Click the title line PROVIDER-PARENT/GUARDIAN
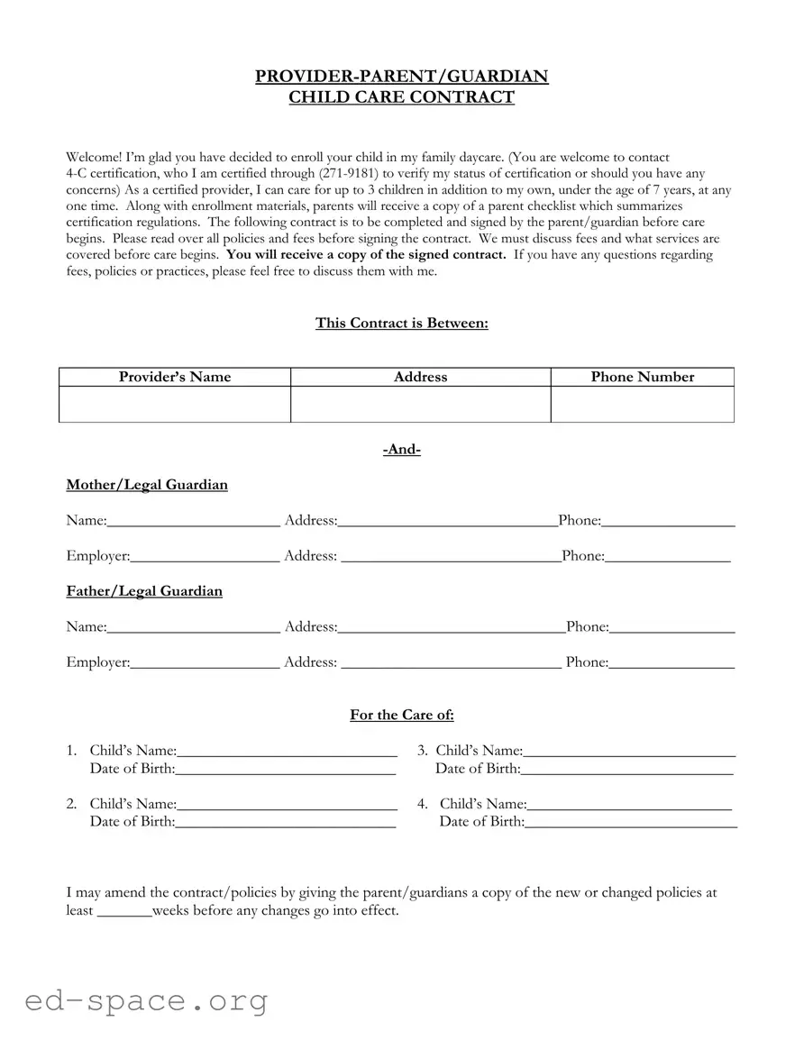point(401,77)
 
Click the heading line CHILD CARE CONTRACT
point(401,97)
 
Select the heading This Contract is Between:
point(401,324)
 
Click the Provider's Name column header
point(175,378)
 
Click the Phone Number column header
point(642,378)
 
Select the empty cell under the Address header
point(420,405)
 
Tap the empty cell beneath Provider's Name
point(175,405)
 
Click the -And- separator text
point(401,450)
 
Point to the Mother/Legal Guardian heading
point(147,486)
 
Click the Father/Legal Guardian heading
point(144,592)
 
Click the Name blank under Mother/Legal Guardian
point(193,522)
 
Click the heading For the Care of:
point(401,716)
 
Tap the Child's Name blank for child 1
point(287,752)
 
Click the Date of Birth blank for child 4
point(630,823)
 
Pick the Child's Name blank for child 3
point(629,752)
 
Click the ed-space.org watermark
point(146,1000)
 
